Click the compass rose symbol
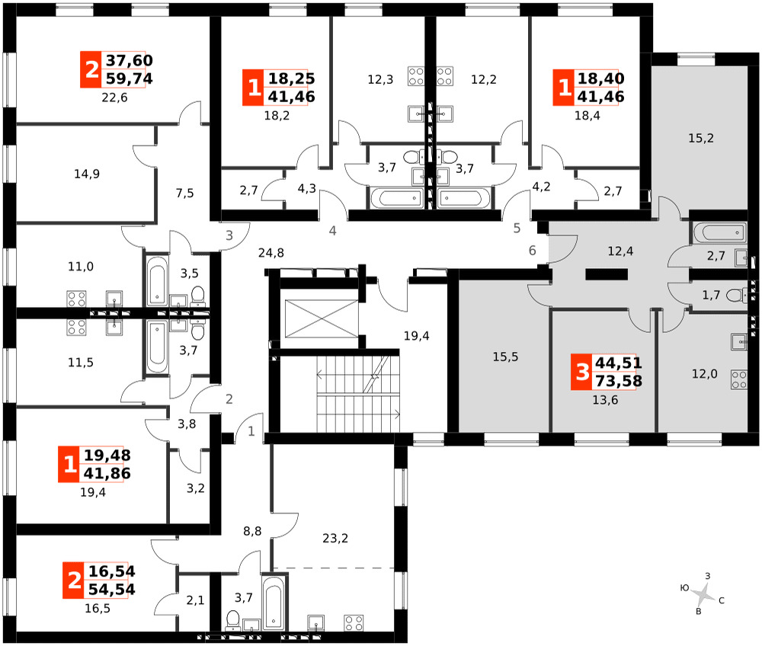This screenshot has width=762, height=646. pos(703,593)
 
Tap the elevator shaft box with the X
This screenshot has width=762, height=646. pos(322,318)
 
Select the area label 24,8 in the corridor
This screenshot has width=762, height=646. pos(271,253)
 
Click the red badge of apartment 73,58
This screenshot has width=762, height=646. pos(581,372)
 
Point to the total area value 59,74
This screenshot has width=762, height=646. pos(130,78)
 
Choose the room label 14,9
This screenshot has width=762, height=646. pos(87,174)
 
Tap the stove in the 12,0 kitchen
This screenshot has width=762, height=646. pos(739,380)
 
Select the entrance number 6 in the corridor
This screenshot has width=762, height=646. pos(533,250)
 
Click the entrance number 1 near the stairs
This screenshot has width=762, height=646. pos(251,431)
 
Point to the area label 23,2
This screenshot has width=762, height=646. pos(335,538)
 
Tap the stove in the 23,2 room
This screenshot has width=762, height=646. pos(354,623)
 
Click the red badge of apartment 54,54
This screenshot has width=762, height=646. pos(74,580)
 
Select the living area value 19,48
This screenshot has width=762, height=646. pos(107,455)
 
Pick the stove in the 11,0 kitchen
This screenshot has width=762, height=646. pos(76,299)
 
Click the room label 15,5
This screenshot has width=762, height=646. pos(505,357)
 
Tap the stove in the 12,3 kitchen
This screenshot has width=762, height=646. pos(416,76)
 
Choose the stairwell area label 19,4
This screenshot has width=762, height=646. pos(417,336)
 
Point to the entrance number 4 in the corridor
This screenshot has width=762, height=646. pos(332,231)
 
